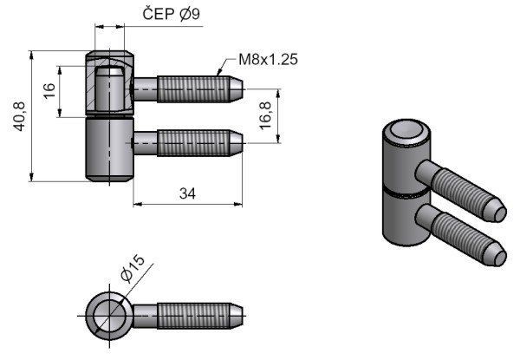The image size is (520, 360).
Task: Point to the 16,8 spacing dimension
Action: [266, 114]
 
